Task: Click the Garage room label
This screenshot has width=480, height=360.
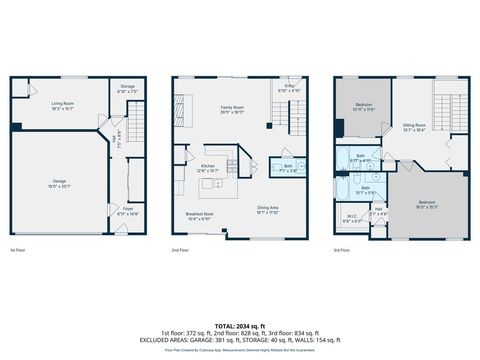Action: [59, 184]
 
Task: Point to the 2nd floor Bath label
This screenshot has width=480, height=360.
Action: [287, 167]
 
